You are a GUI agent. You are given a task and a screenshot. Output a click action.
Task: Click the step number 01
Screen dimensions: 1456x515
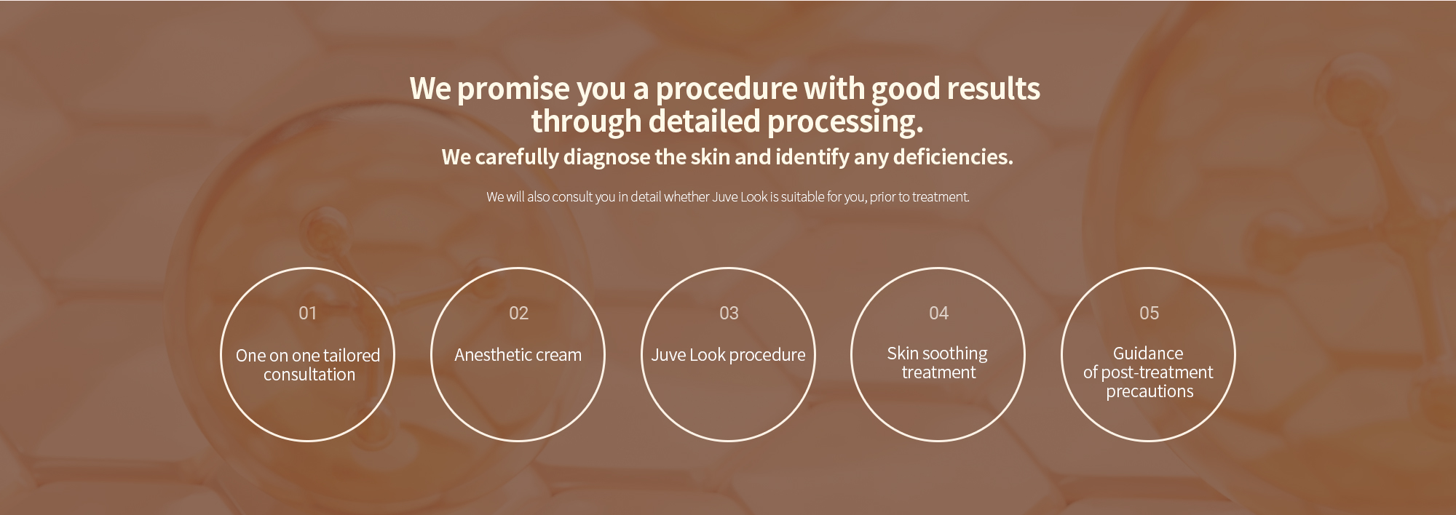pos(307,313)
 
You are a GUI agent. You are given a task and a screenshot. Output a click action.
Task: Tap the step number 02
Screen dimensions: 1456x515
pos(518,313)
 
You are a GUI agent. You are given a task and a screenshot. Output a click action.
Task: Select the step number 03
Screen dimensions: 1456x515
pos(729,313)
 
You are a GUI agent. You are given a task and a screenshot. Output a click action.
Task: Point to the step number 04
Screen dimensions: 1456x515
pos(938,313)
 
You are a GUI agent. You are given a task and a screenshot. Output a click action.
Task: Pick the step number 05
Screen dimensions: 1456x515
pos(1149,313)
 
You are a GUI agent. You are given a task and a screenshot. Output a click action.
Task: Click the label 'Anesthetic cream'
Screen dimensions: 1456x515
pos(518,355)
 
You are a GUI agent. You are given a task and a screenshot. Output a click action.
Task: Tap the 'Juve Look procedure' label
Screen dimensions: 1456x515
pos(728,355)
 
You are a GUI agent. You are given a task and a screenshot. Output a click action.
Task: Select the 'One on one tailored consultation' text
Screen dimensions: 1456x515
pos(308,365)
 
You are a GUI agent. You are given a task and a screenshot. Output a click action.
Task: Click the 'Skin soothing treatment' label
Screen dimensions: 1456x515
pos(938,363)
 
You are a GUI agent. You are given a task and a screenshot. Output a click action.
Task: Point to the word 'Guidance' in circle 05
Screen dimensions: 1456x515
pos(1148,354)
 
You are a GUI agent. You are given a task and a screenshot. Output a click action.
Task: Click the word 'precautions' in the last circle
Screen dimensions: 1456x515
pos(1150,391)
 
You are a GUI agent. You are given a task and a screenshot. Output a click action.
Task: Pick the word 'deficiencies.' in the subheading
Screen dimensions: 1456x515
pos(953,157)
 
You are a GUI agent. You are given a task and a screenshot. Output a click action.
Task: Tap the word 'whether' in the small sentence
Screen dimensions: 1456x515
pos(687,196)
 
